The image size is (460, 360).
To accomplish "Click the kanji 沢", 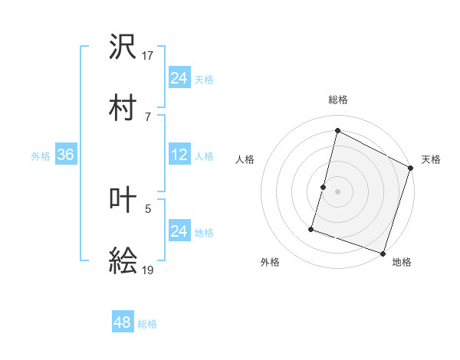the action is pyautogui.click(x=123, y=47).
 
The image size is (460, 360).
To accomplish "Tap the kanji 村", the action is pyautogui.click(x=123, y=107).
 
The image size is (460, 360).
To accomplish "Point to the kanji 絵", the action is pyautogui.click(x=123, y=262).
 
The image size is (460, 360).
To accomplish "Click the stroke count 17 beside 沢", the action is pyautogui.click(x=149, y=56).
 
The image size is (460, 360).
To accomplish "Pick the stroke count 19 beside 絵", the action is pyautogui.click(x=149, y=270).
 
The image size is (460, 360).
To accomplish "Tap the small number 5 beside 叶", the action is pyautogui.click(x=148, y=207).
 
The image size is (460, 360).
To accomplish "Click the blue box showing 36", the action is pyautogui.click(x=65, y=155).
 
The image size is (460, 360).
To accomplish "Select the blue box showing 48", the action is pyautogui.click(x=123, y=322).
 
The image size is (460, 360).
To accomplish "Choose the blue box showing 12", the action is pyautogui.click(x=179, y=155).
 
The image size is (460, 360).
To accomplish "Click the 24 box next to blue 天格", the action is pyautogui.click(x=179, y=78).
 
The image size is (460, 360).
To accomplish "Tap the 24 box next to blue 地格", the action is pyautogui.click(x=179, y=231).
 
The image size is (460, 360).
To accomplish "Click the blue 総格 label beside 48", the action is pyautogui.click(x=147, y=324).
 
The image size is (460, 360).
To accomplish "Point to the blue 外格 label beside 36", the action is pyautogui.click(x=41, y=156).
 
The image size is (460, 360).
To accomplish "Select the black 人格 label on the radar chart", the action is pyautogui.click(x=245, y=159).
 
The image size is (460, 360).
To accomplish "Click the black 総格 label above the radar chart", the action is pyautogui.click(x=337, y=100).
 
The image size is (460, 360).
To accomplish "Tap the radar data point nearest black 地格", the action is pyautogui.click(x=383, y=253).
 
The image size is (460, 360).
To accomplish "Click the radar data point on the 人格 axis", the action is pyautogui.click(x=324, y=187).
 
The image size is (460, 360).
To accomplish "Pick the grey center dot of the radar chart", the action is pyautogui.click(x=337, y=191).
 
